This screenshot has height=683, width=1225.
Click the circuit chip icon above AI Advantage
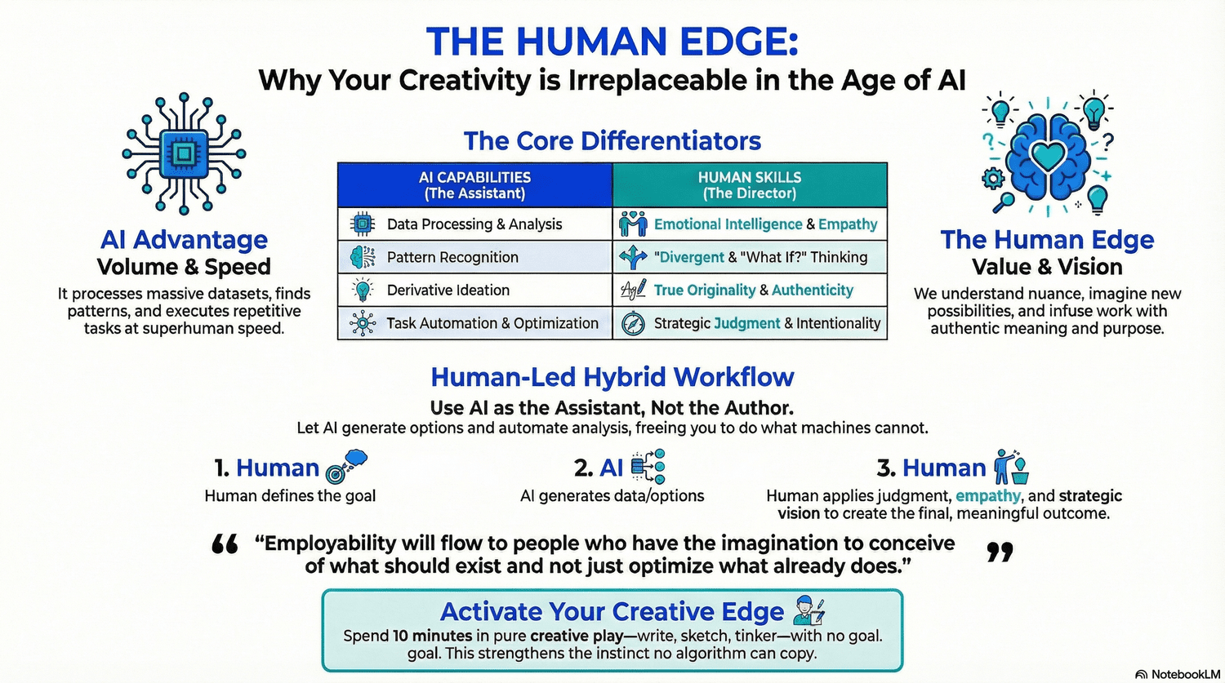pyautogui.click(x=184, y=153)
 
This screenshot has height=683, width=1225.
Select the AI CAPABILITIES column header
pyautogui.click(x=474, y=185)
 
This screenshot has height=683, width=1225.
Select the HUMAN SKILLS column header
pyautogui.click(x=749, y=185)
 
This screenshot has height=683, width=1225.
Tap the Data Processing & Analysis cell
pyautogui.click(x=474, y=224)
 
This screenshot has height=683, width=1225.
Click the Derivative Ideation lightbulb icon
pyautogui.click(x=362, y=290)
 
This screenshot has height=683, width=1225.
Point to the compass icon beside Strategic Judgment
pyautogui.click(x=633, y=324)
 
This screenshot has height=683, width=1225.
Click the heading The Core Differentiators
pyautogui.click(x=612, y=141)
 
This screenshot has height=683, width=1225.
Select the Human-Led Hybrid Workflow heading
pyautogui.click(x=612, y=377)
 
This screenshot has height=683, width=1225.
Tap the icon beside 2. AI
pyautogui.click(x=648, y=467)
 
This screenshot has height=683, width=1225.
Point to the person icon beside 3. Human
pyautogui.click(x=1011, y=467)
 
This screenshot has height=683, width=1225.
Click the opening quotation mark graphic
pyautogui.click(x=225, y=544)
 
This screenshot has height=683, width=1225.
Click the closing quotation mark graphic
pyautogui.click(x=1000, y=552)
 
